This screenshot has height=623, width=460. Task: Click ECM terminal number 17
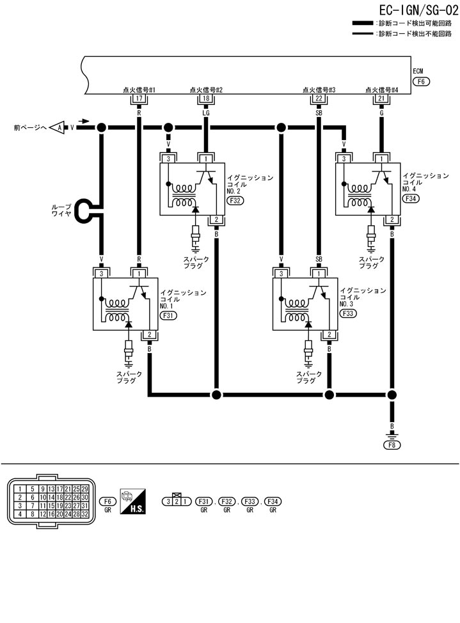coord(139,99)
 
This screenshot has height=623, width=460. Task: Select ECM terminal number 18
coord(205,99)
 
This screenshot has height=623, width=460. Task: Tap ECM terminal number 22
coord(319,99)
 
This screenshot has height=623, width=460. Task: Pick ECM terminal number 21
coord(381,99)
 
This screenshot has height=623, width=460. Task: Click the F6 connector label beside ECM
coord(421,81)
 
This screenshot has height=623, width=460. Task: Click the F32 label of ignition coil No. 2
coord(235,200)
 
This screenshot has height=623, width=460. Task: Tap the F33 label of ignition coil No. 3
coord(349,314)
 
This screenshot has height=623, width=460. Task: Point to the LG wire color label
coord(205,113)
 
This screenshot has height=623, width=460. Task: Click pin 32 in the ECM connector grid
coord(84,514)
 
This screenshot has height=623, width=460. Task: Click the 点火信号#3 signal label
coord(319,90)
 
